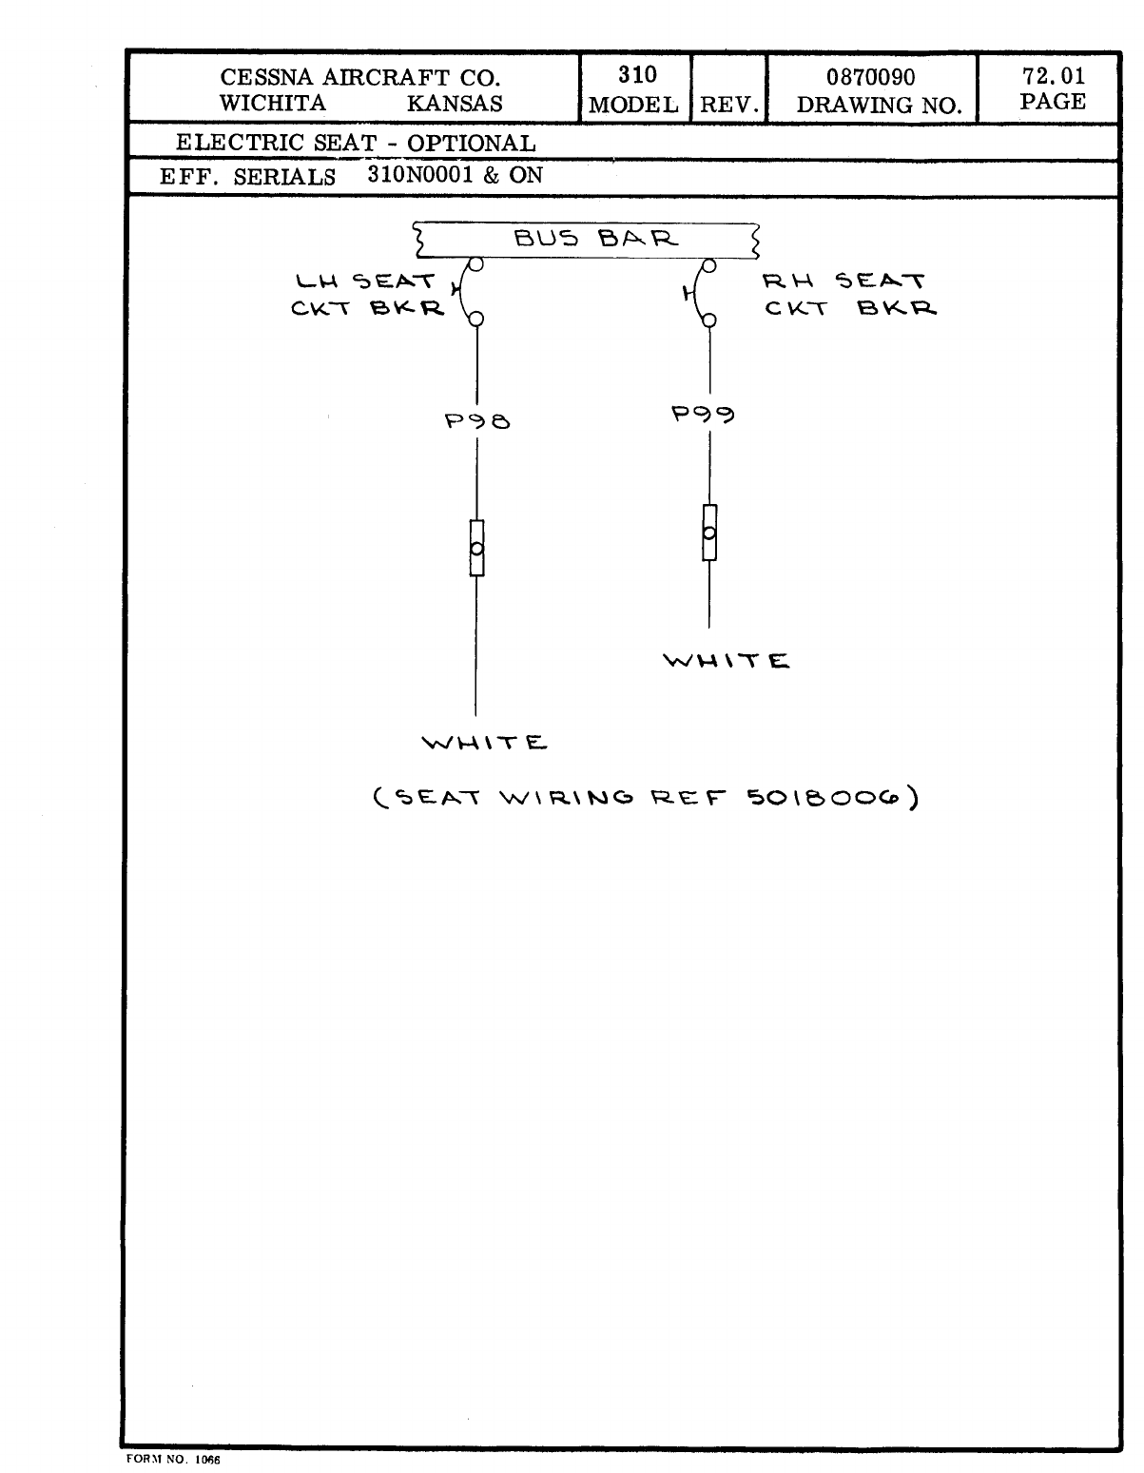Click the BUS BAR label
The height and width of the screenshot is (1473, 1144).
tap(596, 239)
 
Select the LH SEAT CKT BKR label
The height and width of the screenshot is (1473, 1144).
tap(367, 295)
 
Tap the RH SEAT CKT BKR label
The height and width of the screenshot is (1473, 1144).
tap(848, 295)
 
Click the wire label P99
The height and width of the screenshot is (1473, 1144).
tap(703, 414)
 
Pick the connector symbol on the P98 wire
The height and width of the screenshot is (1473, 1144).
tap(476, 548)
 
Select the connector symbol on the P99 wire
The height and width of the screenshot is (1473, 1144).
tap(708, 533)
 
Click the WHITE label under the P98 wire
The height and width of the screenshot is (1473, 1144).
tap(485, 743)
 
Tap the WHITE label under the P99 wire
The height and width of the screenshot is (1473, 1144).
tap(727, 661)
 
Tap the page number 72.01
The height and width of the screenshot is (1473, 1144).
tap(1052, 75)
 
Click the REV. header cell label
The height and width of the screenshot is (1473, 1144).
tap(728, 105)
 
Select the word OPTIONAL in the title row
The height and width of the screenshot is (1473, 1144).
tap(472, 144)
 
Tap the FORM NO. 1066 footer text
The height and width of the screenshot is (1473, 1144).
tap(172, 1460)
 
